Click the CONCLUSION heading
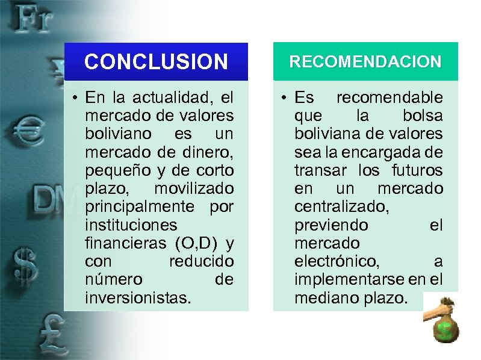(157, 61)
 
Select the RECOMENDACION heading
(365, 61)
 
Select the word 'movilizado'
(194, 188)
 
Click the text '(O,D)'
(197, 243)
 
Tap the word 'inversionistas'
(138, 298)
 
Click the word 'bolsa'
(421, 115)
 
